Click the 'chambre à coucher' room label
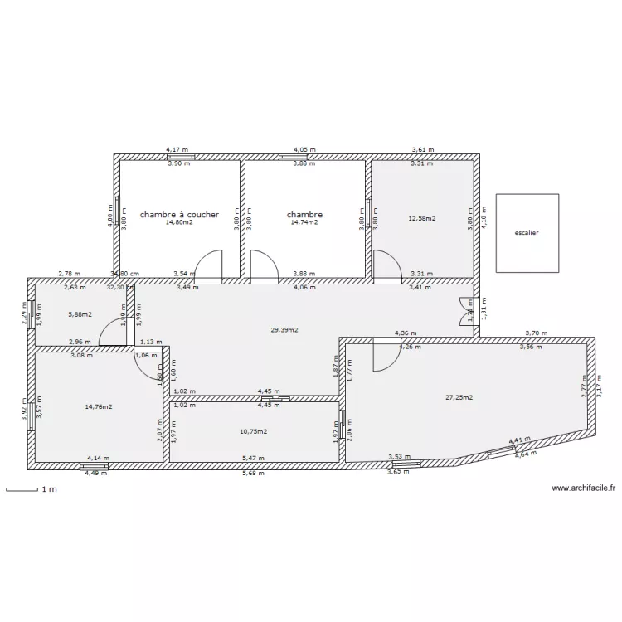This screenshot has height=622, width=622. click(179, 214)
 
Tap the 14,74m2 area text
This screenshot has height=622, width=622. click(304, 222)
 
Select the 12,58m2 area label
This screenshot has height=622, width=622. click(422, 219)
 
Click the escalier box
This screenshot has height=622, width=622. click(526, 233)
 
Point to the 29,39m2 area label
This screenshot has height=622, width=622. click(284, 329)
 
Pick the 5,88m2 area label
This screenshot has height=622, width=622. click(80, 314)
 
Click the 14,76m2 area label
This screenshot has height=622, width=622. click(99, 406)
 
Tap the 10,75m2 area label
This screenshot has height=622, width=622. click(253, 431)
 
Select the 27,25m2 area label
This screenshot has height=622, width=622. click(459, 397)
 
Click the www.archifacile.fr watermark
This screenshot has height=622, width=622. click(583, 489)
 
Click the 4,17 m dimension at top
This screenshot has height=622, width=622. click(178, 150)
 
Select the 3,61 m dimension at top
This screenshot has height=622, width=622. click(423, 150)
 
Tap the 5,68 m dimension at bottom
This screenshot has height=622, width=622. click(253, 474)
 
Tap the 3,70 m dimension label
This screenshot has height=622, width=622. click(537, 333)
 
